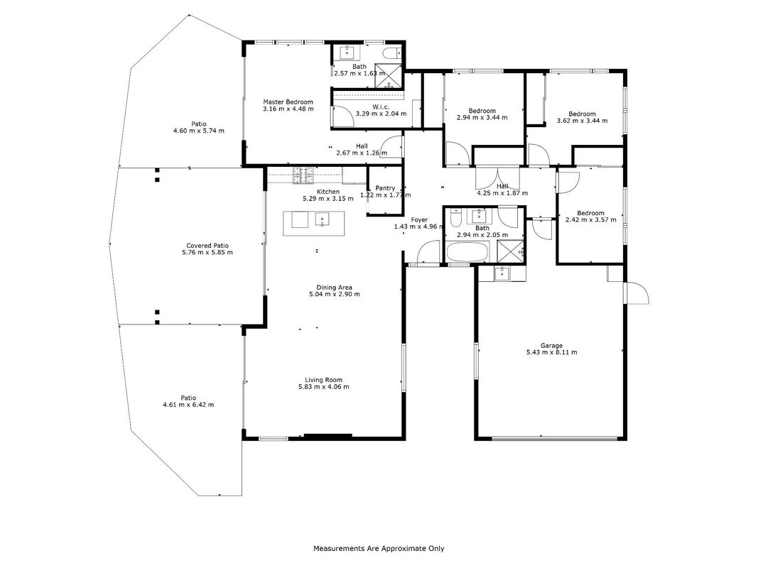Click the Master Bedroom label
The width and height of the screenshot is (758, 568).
coord(288,102)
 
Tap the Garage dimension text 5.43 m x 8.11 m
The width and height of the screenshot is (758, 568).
coord(551,353)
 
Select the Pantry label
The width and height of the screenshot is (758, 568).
coord(385,188)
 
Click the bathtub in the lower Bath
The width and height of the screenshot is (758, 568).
coord(467,251)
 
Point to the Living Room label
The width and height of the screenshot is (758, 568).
coord(323,380)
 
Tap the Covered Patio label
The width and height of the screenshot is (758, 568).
coord(207,246)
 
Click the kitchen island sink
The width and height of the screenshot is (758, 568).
coord(322,220)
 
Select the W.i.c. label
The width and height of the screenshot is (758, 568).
coord(381,107)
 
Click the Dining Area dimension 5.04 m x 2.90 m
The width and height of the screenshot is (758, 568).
coord(335,294)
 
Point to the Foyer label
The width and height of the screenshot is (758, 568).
coord(419,220)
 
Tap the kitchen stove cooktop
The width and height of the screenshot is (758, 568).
coord(303,176)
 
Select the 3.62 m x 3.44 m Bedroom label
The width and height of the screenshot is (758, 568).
coord(582,114)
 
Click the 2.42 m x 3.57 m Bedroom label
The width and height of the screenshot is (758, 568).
coord(590,213)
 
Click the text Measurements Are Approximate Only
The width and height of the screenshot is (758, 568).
coord(379,549)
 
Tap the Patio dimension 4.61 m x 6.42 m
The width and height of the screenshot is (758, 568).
coord(188,405)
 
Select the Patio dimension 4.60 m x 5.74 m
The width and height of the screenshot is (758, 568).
coord(199,131)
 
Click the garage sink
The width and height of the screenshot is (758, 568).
coord(502,273)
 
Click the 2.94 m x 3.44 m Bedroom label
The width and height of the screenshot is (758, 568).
coord(482,111)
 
